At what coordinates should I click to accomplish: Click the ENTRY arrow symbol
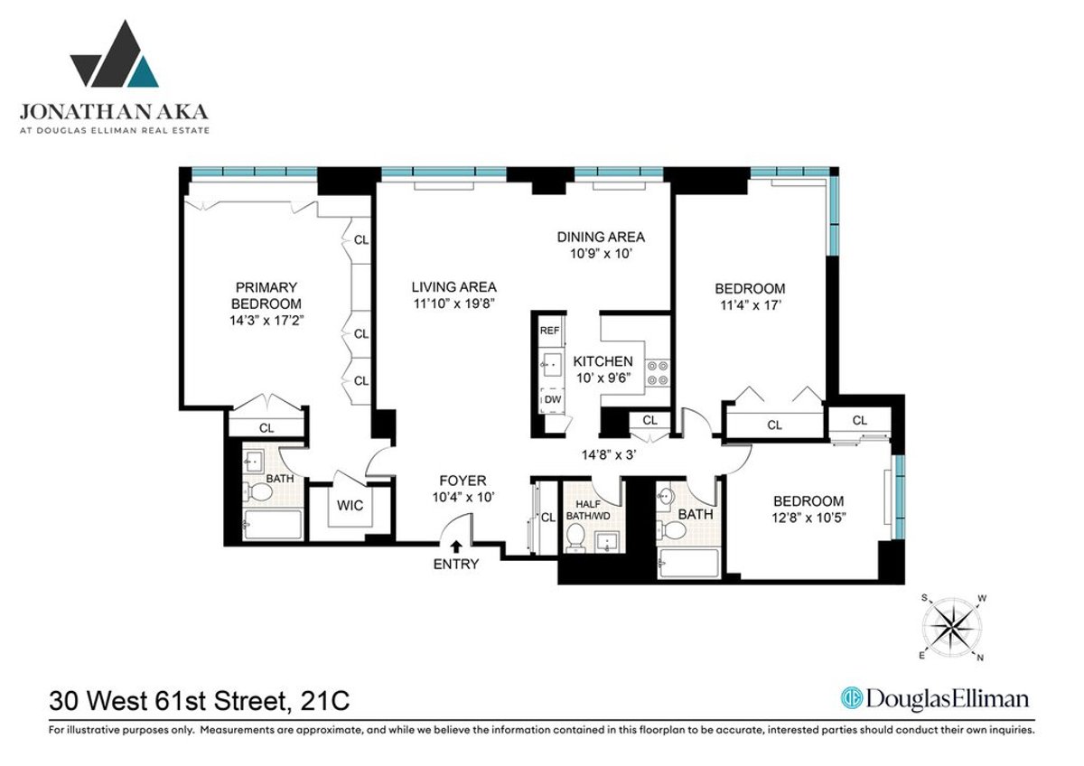tap(457, 546)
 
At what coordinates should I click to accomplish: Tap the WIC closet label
tap(350, 506)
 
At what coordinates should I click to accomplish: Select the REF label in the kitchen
tap(549, 332)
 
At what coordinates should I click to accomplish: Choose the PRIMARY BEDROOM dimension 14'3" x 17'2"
tap(266, 320)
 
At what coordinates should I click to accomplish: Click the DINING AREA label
tap(601, 237)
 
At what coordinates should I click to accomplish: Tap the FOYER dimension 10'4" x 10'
tap(463, 497)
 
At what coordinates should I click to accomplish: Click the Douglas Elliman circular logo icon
tap(850, 698)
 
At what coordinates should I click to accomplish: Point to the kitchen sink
tap(550, 364)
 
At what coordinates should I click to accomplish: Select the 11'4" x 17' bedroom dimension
tap(749, 305)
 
